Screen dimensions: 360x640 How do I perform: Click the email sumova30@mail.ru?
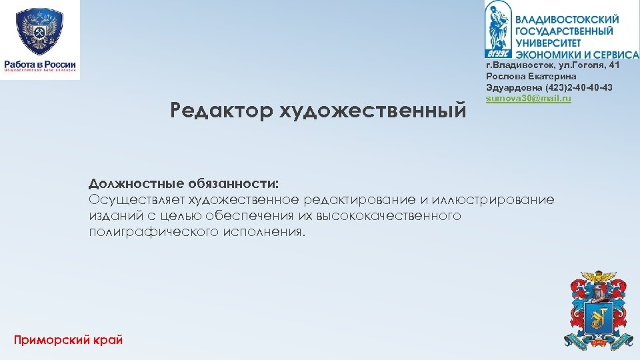tap(529, 99)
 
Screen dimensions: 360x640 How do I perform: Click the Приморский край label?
tap(68, 340)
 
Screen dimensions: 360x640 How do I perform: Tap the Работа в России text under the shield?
tap(40, 65)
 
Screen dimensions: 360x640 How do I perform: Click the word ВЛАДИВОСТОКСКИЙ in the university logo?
tap(567, 20)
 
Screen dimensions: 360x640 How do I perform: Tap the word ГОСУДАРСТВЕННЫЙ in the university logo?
tap(564, 31)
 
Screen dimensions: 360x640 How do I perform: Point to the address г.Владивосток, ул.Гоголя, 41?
tap(553, 65)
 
